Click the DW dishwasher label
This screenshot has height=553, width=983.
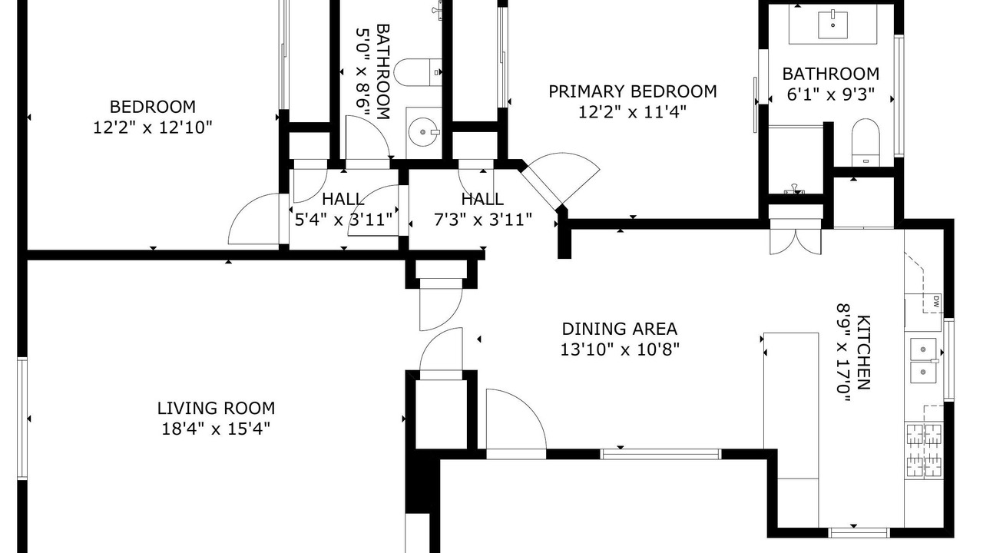tap(935, 301)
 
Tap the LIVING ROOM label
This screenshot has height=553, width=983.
tap(217, 408)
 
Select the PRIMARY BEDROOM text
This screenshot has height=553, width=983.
tap(633, 91)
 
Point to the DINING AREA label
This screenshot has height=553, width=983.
tap(620, 329)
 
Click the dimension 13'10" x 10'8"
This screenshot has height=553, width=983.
tap(620, 349)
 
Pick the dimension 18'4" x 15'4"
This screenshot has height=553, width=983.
tap(216, 429)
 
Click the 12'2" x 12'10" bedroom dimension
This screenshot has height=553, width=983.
tap(153, 127)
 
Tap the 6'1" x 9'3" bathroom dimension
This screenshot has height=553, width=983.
tap(831, 94)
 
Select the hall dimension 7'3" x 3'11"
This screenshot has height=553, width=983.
tap(483, 219)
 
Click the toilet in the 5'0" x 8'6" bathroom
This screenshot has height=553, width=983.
tap(418, 72)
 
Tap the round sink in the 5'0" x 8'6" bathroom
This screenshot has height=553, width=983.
tap(423, 131)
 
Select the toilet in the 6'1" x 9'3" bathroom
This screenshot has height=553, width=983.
tap(866, 143)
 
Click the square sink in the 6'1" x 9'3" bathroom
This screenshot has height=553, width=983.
tap(832, 25)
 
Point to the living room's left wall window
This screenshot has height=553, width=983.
tap(22, 418)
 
